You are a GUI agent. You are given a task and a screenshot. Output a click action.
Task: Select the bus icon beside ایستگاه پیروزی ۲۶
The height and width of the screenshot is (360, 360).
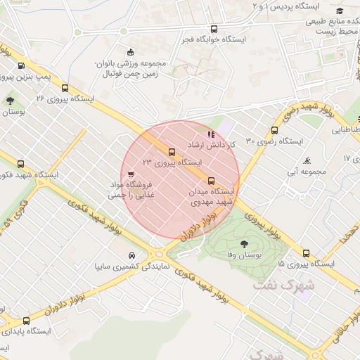(x=65, y=89)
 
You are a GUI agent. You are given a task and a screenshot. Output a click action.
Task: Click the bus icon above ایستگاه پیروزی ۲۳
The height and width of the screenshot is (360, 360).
(x=172, y=151)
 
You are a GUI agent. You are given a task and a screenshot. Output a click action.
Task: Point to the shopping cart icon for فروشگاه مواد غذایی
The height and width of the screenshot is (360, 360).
(x=131, y=174)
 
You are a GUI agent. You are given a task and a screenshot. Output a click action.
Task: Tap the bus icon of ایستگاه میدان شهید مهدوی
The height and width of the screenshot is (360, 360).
(x=212, y=181)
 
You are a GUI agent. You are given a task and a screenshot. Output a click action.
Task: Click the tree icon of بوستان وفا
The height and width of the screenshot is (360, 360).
(x=243, y=244)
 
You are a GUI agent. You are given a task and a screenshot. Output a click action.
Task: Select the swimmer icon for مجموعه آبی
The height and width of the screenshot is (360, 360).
(x=307, y=161)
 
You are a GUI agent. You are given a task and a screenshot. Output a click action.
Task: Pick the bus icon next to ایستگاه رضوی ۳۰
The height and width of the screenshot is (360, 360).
(x=274, y=130)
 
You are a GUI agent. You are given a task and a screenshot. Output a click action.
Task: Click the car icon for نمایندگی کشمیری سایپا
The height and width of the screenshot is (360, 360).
(x=131, y=255)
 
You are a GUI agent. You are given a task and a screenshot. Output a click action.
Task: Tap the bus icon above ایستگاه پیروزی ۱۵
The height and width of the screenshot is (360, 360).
(x=306, y=253)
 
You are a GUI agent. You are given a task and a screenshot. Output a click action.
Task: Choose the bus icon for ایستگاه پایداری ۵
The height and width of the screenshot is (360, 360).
(x=26, y=321)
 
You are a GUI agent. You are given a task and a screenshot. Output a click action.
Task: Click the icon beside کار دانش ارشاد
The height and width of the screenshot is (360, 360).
(x=209, y=134)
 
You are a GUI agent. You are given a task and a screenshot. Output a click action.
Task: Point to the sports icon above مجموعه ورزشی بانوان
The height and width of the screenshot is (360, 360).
(x=130, y=52)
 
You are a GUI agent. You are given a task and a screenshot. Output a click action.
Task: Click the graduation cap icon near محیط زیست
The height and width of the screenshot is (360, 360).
(x=340, y=11)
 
